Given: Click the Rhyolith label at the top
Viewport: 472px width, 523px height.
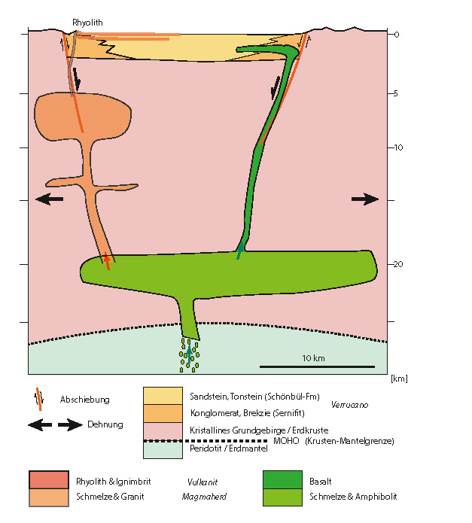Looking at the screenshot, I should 87,23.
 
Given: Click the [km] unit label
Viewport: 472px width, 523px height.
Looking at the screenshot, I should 399,379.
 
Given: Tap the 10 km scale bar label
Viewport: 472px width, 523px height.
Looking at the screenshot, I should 313,358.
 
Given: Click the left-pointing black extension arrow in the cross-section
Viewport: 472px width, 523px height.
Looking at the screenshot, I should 50,199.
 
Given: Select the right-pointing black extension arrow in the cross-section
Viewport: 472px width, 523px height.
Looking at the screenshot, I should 365,199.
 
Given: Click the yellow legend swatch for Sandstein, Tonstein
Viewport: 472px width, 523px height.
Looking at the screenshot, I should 163,397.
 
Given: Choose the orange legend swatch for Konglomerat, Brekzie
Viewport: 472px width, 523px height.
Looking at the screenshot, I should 163,413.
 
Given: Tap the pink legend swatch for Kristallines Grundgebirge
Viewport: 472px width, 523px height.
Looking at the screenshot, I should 163,431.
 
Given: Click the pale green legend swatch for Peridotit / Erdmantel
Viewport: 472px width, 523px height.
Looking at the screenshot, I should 163,449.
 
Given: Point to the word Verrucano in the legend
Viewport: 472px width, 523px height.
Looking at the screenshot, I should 348,405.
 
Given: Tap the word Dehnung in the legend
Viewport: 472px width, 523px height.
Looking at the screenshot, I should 105,425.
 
